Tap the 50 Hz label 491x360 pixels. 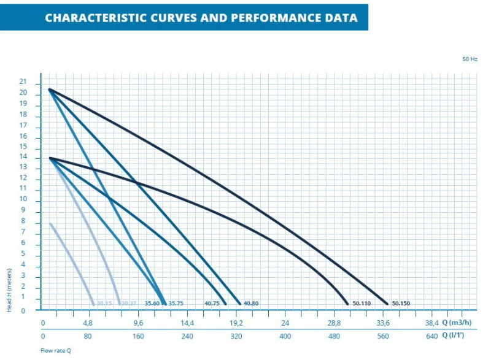(x=470, y=59)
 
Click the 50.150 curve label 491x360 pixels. (x=401, y=303)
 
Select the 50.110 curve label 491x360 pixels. (x=361, y=303)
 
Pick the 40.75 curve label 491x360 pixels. (x=212, y=303)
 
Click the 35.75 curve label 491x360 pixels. (x=176, y=303)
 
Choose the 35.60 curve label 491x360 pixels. (x=152, y=303)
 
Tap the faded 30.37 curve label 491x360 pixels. (x=128, y=303)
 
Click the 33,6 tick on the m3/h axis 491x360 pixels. (x=383, y=323)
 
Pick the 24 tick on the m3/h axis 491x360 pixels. (x=285, y=323)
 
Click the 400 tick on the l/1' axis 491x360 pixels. (x=285, y=336)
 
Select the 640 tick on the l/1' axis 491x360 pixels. (x=431, y=336)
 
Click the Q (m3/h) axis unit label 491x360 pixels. (x=462, y=323)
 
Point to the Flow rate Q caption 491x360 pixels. (x=56, y=351)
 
